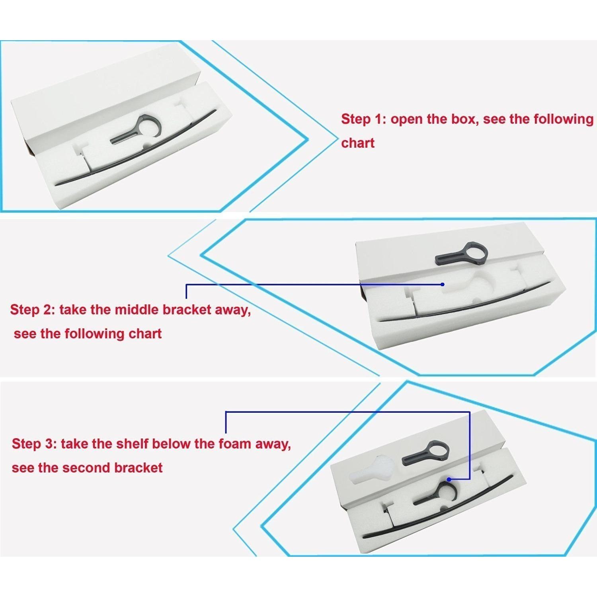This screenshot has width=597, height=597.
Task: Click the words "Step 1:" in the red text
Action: pos(363,119)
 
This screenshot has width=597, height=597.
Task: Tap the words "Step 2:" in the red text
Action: pos(33,310)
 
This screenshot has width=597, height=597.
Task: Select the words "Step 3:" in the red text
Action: pos(34,443)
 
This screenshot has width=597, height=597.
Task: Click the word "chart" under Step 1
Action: pos(358,143)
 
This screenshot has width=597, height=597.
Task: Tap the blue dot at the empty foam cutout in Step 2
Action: pos(443,285)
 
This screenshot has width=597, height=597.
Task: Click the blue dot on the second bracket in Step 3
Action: pos(449,480)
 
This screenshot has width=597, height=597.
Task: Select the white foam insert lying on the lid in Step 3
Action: pos(372,469)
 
